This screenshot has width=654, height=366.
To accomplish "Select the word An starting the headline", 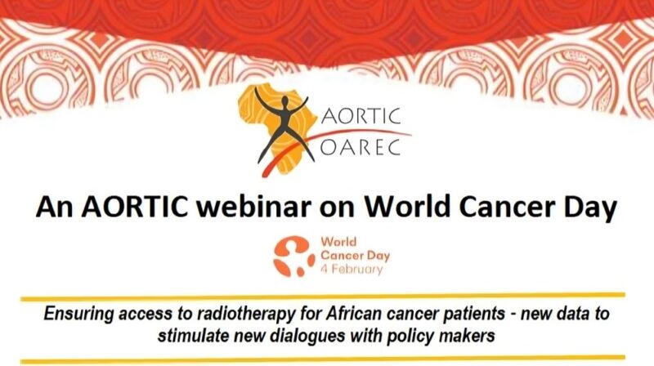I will point(55,208).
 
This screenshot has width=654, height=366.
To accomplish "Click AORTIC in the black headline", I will point(126,208).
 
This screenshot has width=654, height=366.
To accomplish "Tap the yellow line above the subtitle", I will point(327,295).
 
